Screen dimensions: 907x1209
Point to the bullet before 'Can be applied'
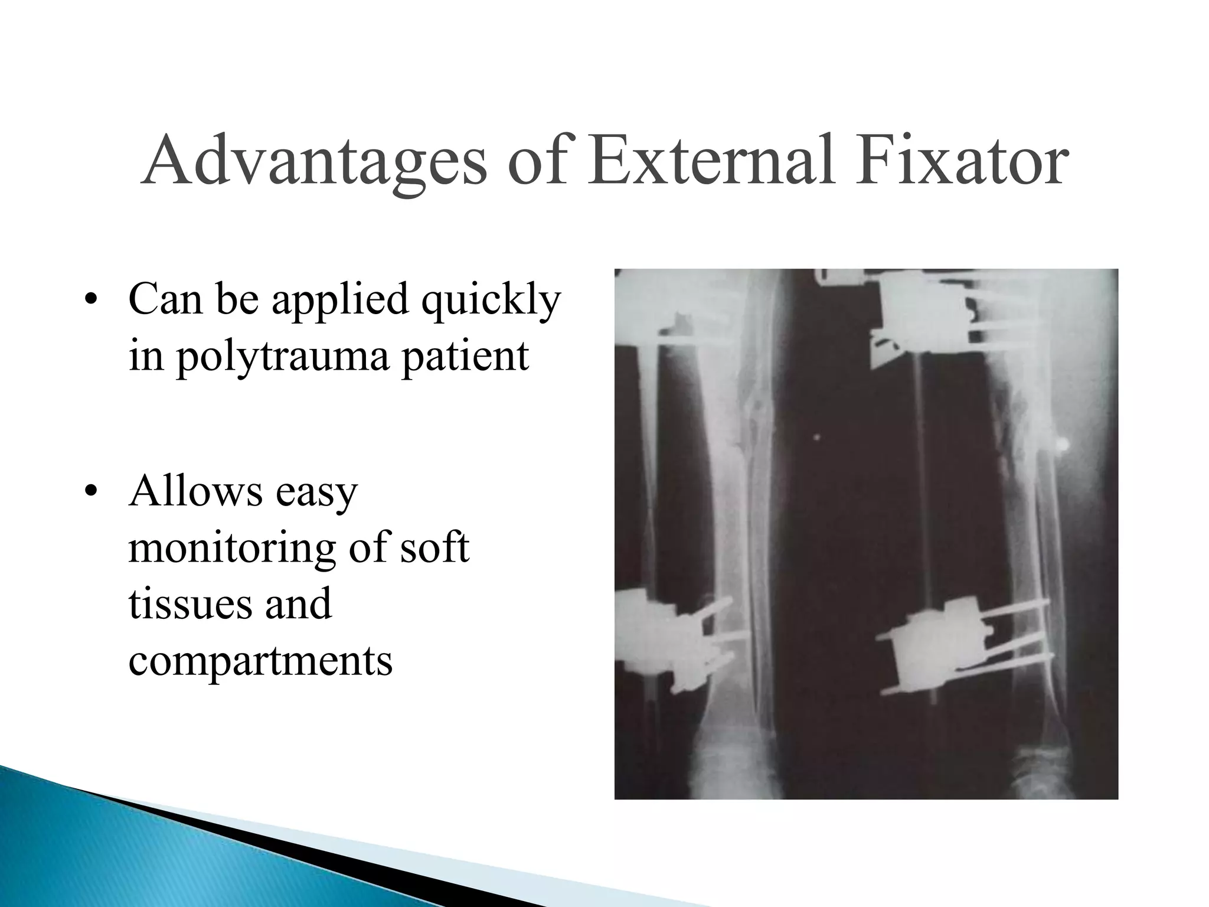(x=90, y=302)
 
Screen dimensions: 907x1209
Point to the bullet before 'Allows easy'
(x=90, y=492)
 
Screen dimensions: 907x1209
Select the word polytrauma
(x=283, y=357)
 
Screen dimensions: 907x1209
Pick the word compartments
(x=260, y=661)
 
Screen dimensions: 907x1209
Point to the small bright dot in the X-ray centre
(x=818, y=438)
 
